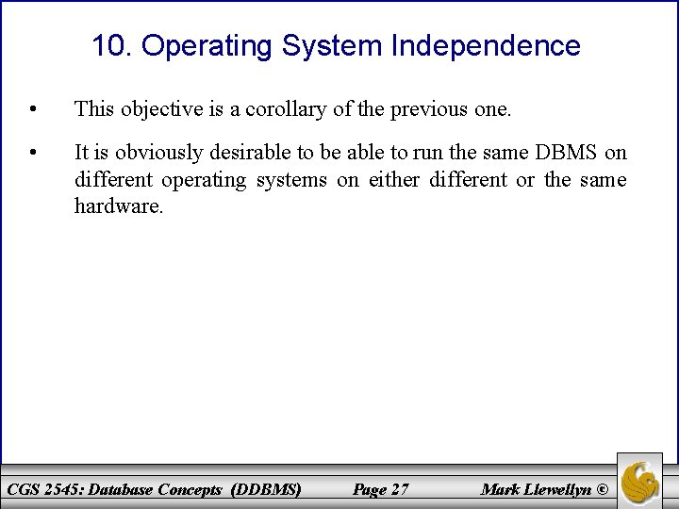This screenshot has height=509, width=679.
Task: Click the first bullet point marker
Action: click(x=33, y=109)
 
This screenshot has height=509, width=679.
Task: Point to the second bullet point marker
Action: click(x=33, y=152)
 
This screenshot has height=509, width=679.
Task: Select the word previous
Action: click(x=427, y=109)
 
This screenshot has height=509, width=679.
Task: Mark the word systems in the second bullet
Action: click(x=291, y=179)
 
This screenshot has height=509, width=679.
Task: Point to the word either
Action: click(x=394, y=179)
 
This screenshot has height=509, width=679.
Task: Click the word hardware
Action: click(x=119, y=205)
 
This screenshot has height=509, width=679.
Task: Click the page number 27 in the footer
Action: click(x=398, y=489)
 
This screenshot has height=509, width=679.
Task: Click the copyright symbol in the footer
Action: click(x=604, y=489)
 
